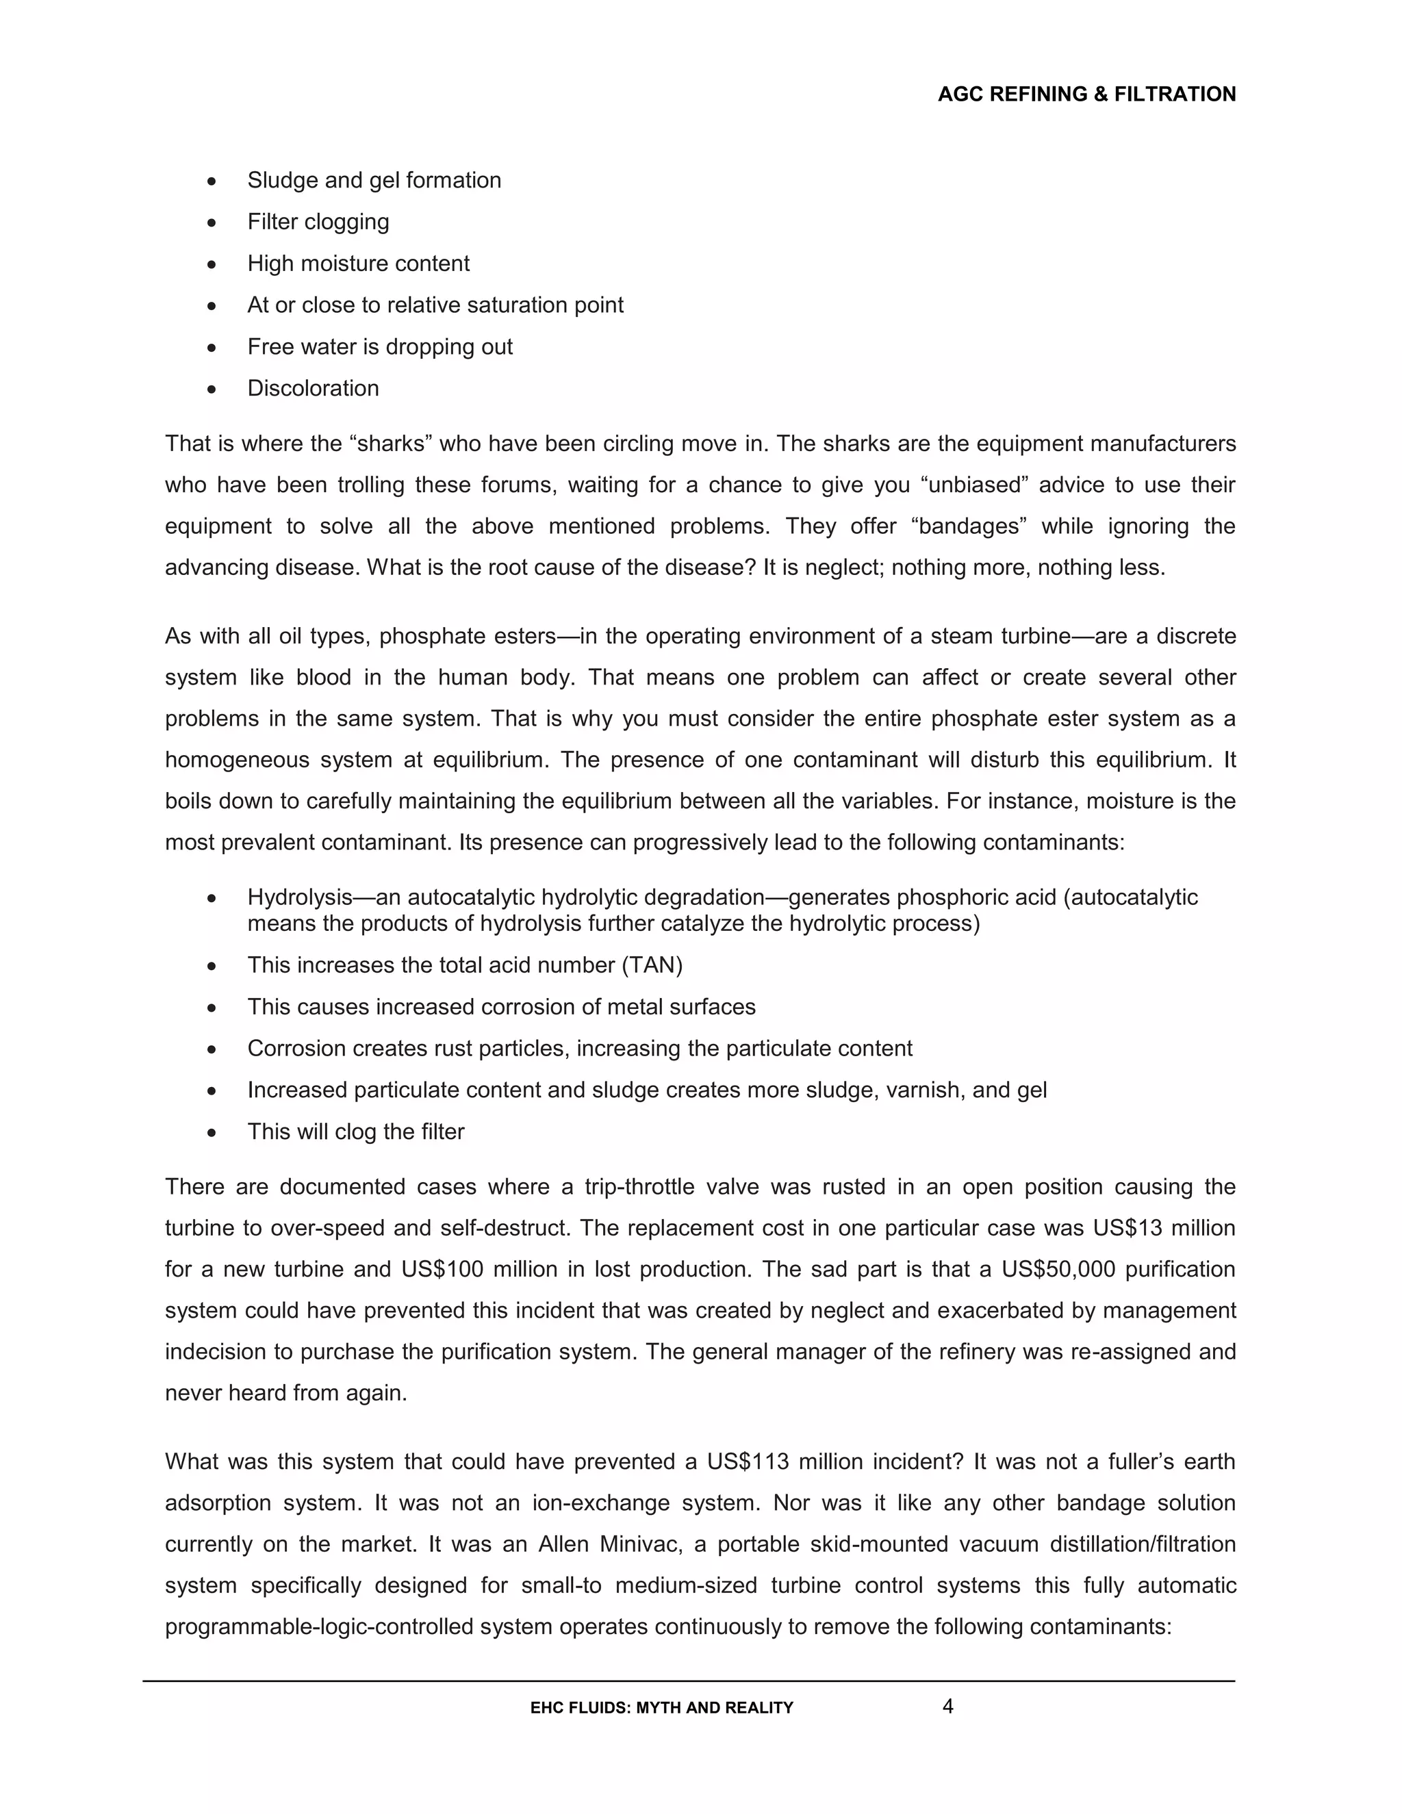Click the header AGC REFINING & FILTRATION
(1086, 94)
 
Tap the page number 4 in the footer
(947, 1706)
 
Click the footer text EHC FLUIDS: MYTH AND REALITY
(661, 1708)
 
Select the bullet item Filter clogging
(318, 222)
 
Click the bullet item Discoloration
(313, 388)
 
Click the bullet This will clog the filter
(355, 1132)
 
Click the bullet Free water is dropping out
(379, 346)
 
